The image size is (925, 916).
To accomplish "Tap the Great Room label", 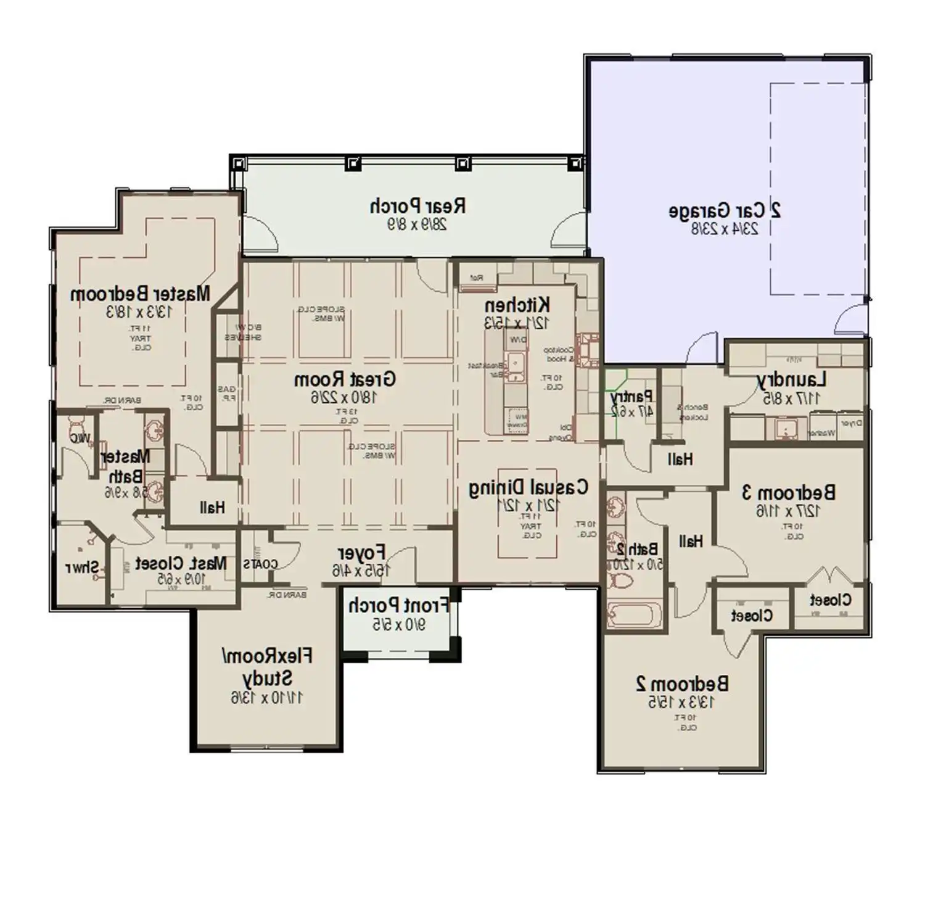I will pyautogui.click(x=345, y=379).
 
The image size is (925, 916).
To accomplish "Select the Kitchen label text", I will pyautogui.click(x=517, y=305).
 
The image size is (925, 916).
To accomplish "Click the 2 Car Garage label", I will pyautogui.click(x=725, y=211).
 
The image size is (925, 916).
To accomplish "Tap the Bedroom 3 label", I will pyautogui.click(x=788, y=493).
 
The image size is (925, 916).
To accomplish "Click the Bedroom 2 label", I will pyautogui.click(x=682, y=683).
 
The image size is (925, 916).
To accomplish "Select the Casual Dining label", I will pyautogui.click(x=528, y=488).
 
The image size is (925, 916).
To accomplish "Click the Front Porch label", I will pyautogui.click(x=398, y=606).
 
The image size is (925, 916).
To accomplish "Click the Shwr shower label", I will pyautogui.click(x=82, y=567).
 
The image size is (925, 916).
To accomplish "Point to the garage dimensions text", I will pyautogui.click(x=725, y=229).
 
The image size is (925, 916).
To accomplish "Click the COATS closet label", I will pyautogui.click(x=260, y=564).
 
